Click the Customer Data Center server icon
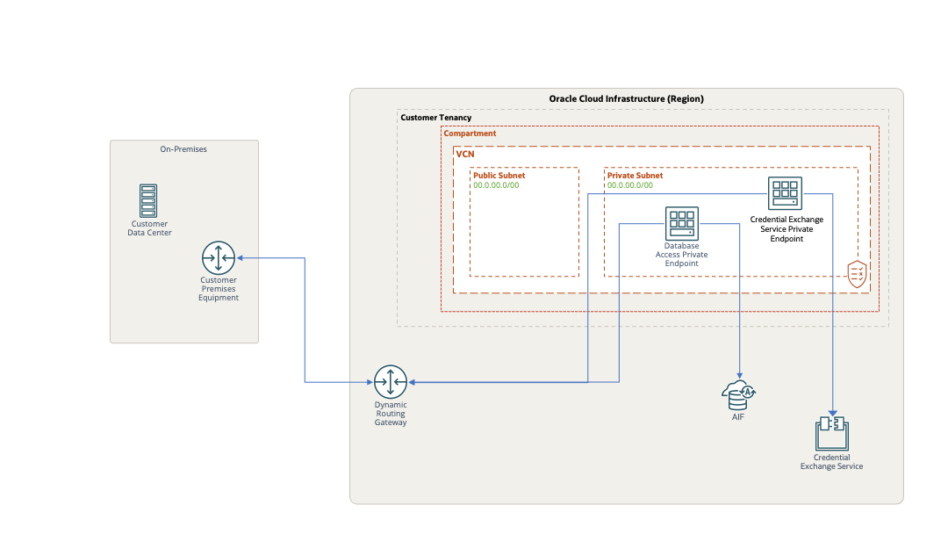[148, 201]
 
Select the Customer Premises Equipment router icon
[219, 258]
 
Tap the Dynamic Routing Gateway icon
[391, 382]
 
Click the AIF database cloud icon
[738, 395]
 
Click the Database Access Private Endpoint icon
[682, 223]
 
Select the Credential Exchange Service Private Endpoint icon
[786, 193]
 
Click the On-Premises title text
[183, 149]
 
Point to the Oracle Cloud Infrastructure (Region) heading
[626, 98]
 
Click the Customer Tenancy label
[436, 118]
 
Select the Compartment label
[470, 133]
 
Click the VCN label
[464, 154]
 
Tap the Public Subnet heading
[499, 176]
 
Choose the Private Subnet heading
[635, 176]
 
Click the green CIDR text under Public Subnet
[496, 185]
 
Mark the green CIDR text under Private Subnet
[630, 185]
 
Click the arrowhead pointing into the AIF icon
[739, 376]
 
